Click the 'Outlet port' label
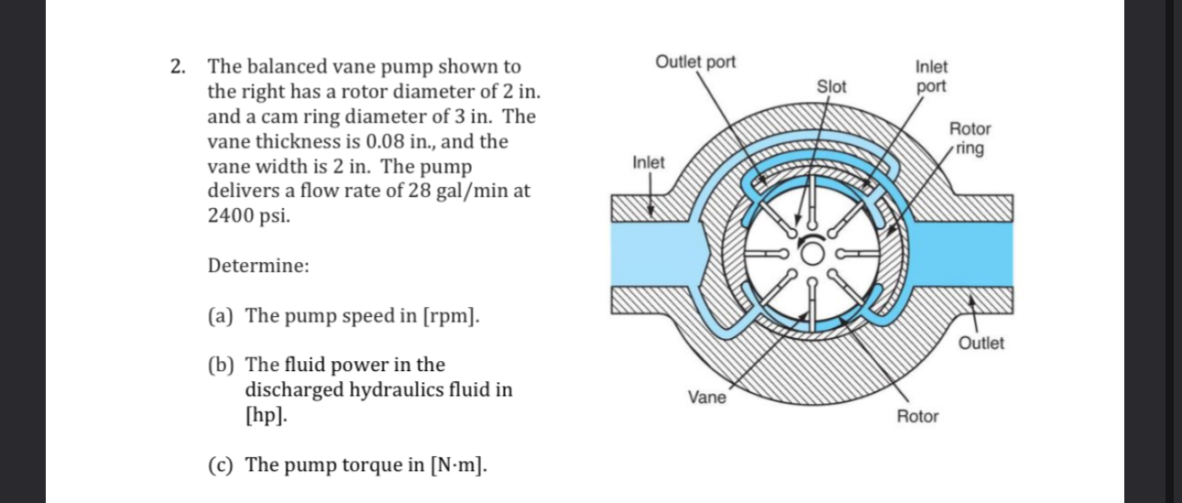695,62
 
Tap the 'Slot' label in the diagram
832,87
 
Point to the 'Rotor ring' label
969,138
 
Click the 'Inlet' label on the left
649,162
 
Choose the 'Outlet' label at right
980,344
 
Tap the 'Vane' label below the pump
706,397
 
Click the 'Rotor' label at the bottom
917,417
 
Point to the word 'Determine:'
258,267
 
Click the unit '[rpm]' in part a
451,316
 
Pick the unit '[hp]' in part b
265,414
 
